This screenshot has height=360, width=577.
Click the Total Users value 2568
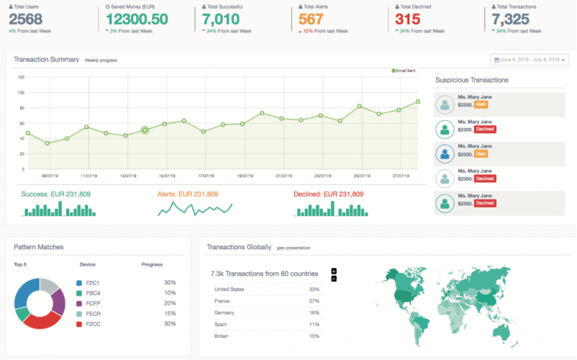pos(25,19)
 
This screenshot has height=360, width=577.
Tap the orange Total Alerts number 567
pos(311,19)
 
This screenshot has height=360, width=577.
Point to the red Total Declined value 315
pos(407,19)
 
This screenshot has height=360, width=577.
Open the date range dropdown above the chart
pos(530,60)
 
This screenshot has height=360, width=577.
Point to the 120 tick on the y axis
pos(21,77)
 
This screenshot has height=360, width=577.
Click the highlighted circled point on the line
pos(145,130)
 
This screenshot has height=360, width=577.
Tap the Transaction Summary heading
pos(46,60)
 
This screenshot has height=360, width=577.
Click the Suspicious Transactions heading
pos(472,80)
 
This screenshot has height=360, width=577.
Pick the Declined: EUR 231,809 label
pos(328,194)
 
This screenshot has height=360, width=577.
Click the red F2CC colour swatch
pos(79,323)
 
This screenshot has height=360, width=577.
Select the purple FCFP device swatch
pos(79,303)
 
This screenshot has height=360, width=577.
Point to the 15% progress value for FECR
pos(170,313)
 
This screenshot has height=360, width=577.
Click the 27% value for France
pos(314,301)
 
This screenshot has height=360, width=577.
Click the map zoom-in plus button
pos(334,271)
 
